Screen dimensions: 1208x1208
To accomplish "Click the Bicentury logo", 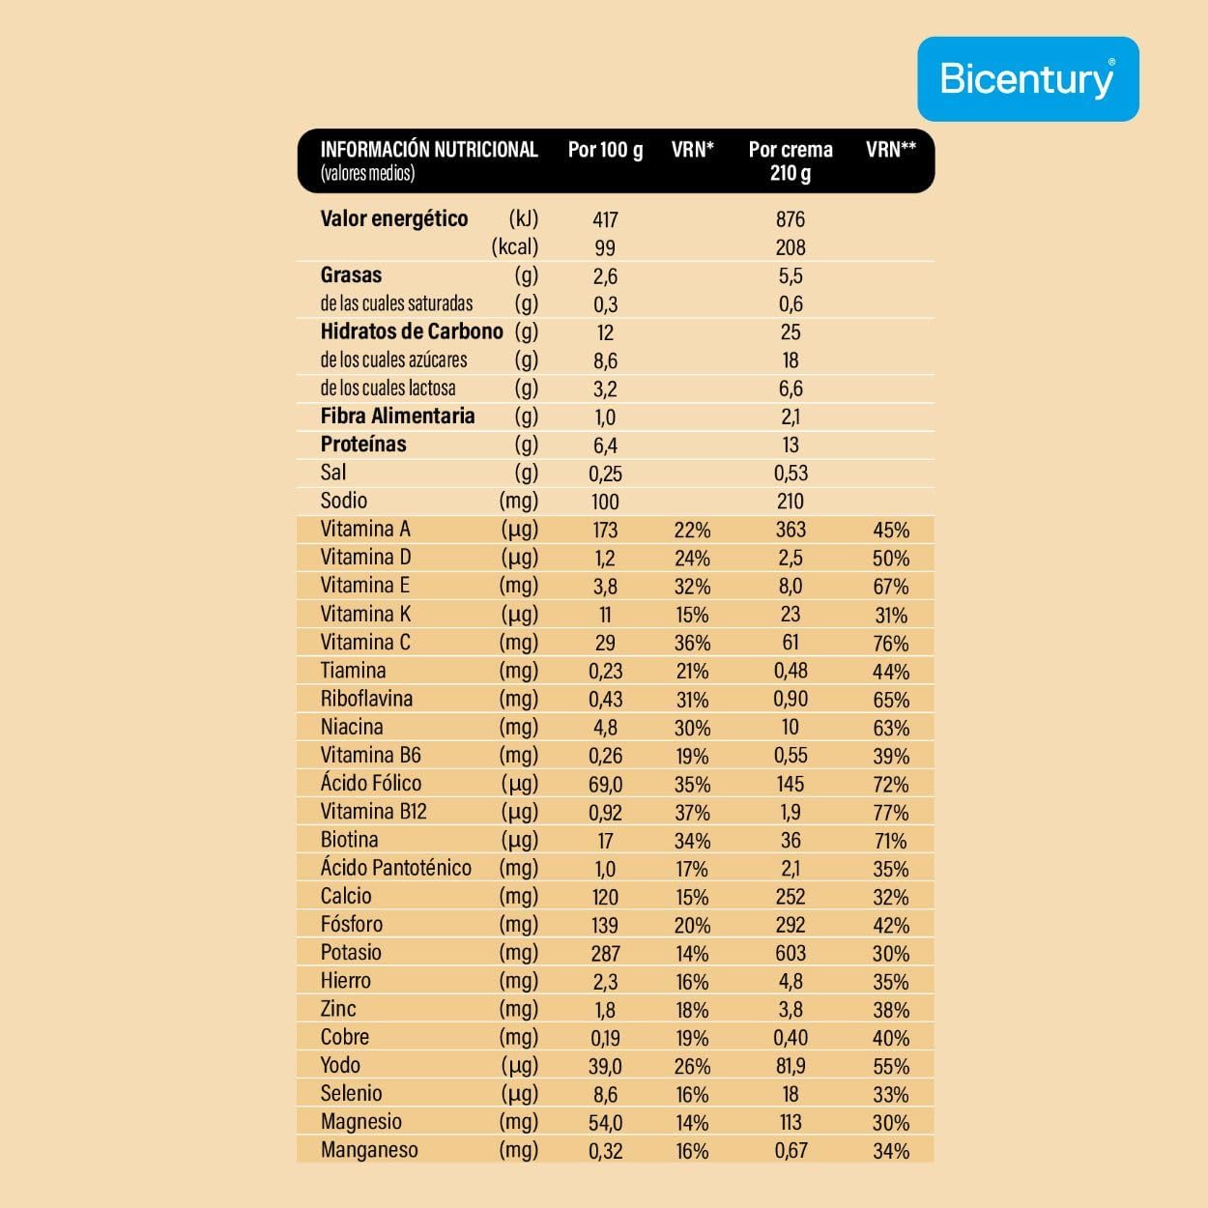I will click(x=1027, y=78).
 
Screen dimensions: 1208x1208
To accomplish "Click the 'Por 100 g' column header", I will click(x=605, y=150).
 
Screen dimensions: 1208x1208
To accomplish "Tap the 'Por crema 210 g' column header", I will click(x=790, y=160).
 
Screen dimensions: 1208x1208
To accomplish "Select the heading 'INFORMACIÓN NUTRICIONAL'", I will click(x=428, y=150).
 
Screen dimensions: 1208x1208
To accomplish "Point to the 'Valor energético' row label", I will click(x=393, y=218).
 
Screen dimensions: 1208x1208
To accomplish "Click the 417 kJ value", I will click(x=605, y=219).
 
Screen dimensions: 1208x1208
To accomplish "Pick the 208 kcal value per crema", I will click(x=790, y=247).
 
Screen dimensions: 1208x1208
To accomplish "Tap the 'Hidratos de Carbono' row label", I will click(x=412, y=331).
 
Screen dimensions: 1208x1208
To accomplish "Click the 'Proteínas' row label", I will click(x=363, y=445).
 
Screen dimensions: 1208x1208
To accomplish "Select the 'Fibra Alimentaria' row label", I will click(x=397, y=417).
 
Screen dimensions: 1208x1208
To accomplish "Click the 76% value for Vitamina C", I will click(x=890, y=644).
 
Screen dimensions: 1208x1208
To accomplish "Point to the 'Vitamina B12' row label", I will click(x=373, y=812).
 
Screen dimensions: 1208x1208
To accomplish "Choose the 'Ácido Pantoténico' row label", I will click(x=396, y=868).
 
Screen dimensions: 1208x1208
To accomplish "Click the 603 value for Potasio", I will click(x=790, y=953).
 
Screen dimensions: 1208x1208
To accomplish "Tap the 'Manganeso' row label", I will click(x=369, y=1150).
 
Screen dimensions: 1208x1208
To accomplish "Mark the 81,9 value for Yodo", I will click(x=790, y=1066).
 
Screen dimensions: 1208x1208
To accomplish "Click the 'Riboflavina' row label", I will click(x=366, y=699).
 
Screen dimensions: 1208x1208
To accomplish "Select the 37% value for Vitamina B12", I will click(x=692, y=813).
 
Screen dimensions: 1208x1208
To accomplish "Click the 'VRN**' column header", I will click(x=890, y=150).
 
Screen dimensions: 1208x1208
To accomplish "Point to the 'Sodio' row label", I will click(x=344, y=501).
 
